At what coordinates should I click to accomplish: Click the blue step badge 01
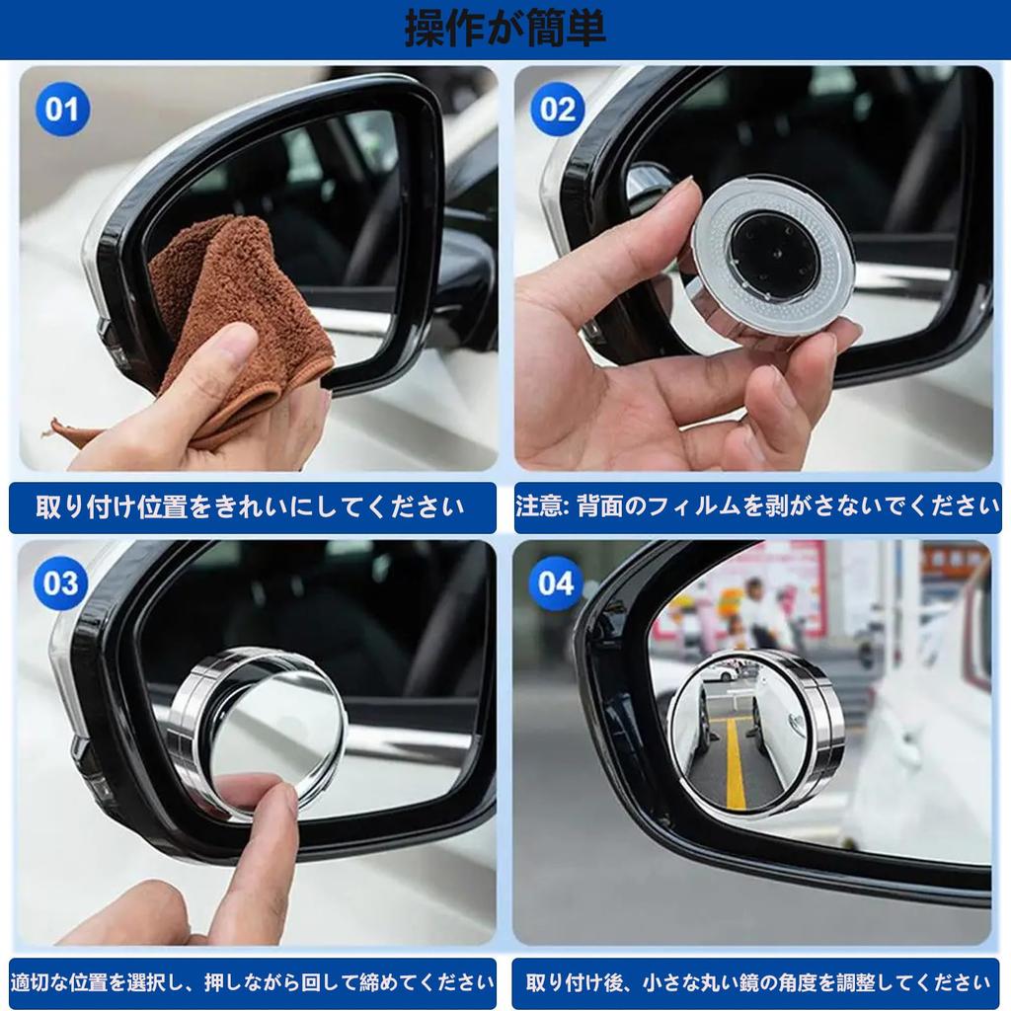click(x=62, y=109)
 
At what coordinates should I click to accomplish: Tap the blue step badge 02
click(x=558, y=109)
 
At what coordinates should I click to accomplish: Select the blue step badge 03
click(x=61, y=583)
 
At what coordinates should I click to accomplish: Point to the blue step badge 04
click(x=556, y=583)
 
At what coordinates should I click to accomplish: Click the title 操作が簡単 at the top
click(x=505, y=29)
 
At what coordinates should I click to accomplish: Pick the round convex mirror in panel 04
click(x=755, y=734)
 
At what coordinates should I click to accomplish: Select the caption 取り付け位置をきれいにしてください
click(x=251, y=506)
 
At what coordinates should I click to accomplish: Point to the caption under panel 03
click(x=252, y=982)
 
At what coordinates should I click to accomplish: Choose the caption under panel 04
click(x=758, y=982)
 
